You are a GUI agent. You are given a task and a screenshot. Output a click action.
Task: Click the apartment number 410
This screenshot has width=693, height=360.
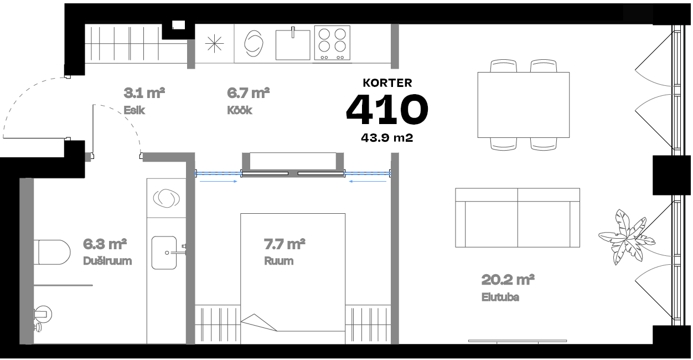[387, 110]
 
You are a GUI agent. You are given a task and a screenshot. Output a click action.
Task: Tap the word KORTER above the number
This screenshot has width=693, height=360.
[387, 83]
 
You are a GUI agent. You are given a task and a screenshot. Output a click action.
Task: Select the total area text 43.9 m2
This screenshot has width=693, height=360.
[387, 138]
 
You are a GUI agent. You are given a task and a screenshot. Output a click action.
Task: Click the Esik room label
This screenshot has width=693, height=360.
[134, 110]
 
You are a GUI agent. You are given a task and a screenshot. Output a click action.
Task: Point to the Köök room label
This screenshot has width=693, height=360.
[239, 110]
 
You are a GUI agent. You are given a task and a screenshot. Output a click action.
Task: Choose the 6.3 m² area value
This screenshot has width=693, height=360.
[105, 244]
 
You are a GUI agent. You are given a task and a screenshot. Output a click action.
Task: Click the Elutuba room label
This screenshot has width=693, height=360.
[500, 297]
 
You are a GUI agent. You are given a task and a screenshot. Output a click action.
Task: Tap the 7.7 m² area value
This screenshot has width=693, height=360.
[284, 244]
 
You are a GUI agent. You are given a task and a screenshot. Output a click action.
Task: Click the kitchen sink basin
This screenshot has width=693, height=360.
[293, 44]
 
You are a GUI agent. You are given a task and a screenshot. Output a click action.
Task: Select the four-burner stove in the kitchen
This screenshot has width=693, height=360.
[332, 43]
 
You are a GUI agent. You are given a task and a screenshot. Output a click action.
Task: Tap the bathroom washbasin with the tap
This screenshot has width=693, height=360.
[164, 253]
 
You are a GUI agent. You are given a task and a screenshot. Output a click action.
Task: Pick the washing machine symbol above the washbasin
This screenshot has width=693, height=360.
[166, 198]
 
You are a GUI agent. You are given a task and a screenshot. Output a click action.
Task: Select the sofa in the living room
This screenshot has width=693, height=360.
[518, 218]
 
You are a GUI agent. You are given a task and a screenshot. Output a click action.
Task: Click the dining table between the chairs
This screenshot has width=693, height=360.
[523, 105]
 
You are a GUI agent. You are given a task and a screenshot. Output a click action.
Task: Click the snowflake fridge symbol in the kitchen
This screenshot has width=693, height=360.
[214, 44]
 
